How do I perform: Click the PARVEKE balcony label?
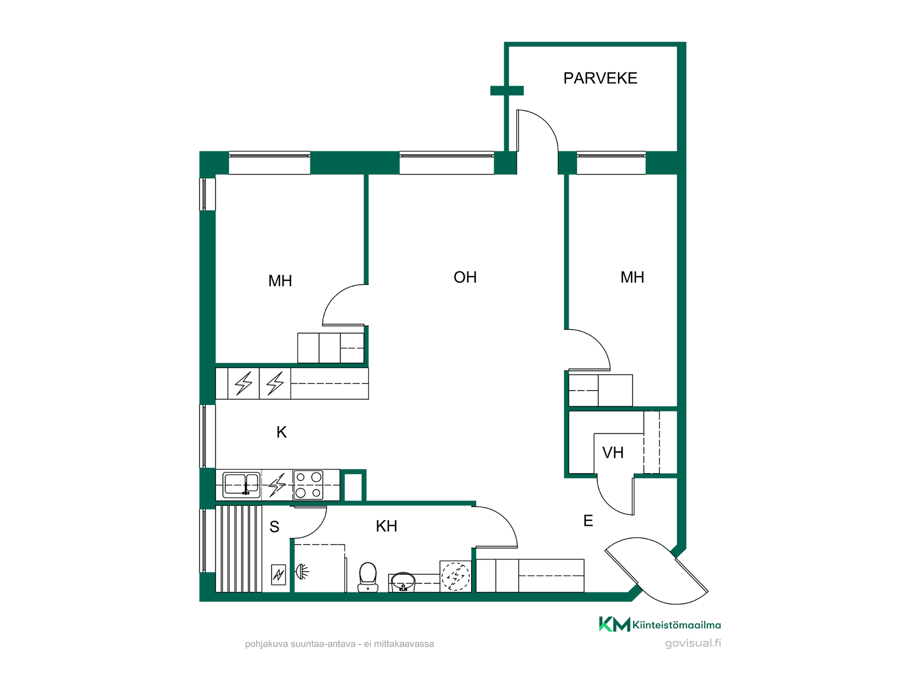(600, 78)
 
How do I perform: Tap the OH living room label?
(465, 277)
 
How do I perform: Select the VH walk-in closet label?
(613, 453)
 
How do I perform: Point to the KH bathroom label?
(386, 526)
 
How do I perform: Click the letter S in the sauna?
(274, 527)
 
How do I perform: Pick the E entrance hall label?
(588, 521)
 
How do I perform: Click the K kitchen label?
(282, 432)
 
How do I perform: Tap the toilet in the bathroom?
(368, 577)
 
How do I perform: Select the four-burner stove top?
(308, 485)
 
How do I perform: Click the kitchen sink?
(242, 485)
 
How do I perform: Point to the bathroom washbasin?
(403, 582)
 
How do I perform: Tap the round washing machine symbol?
(456, 576)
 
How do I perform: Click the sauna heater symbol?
(279, 574)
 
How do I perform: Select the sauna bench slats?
(239, 549)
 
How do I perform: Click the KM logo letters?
(614, 624)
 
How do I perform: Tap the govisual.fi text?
(693, 643)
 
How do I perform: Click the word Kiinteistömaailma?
(676, 625)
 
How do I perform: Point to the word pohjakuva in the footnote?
(267, 644)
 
